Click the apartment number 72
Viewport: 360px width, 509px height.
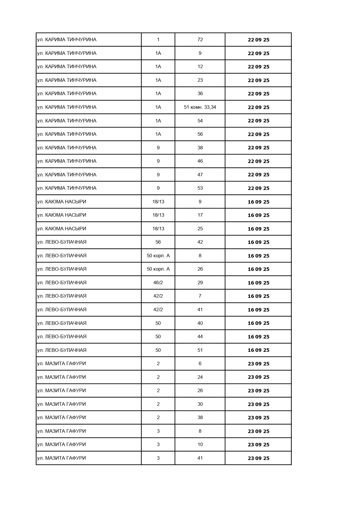[x=200, y=39]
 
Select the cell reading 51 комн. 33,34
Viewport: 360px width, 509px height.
[x=200, y=107]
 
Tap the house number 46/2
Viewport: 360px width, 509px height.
[x=158, y=282]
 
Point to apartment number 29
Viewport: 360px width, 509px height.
[x=200, y=282]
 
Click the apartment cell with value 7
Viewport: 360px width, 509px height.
[x=200, y=296]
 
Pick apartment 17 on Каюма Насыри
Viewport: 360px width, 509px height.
[x=200, y=215]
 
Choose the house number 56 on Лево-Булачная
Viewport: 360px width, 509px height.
[x=158, y=242]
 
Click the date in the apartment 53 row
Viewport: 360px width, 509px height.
[x=258, y=188]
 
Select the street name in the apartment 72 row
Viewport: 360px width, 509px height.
[x=67, y=39]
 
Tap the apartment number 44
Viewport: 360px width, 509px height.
[x=200, y=336]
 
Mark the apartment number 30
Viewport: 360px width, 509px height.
[x=200, y=404]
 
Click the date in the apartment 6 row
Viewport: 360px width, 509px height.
[x=258, y=364]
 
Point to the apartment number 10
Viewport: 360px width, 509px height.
[x=200, y=444]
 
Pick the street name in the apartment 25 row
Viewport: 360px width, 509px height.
[x=61, y=229]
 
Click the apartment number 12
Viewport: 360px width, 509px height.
[x=200, y=66]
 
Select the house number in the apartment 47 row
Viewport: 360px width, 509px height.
[x=158, y=175]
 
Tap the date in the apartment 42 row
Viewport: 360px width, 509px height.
[x=258, y=242]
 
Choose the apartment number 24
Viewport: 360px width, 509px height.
[x=200, y=377]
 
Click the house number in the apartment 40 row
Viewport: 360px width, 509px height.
[x=158, y=323]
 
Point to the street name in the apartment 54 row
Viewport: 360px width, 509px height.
[x=67, y=121]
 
